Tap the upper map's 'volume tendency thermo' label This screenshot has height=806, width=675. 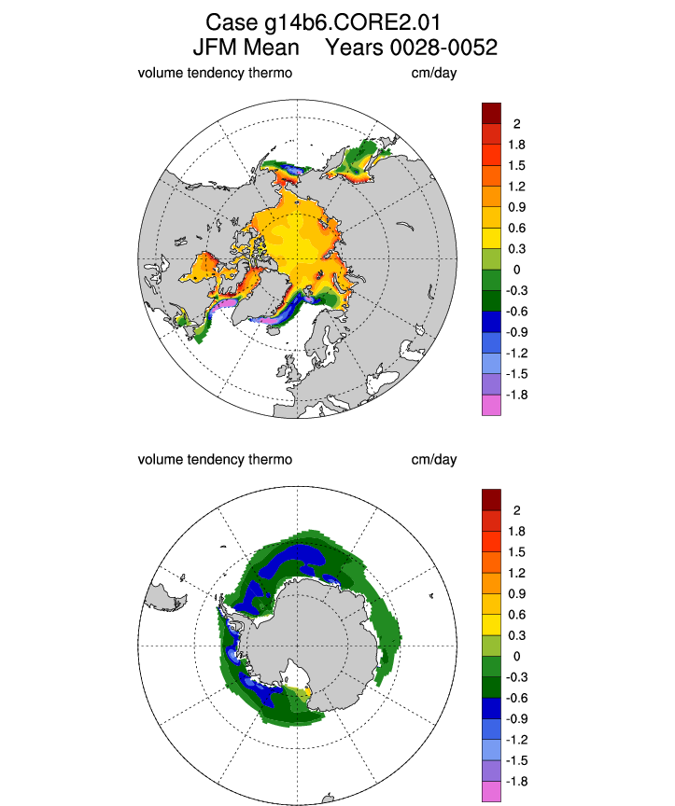coord(215,73)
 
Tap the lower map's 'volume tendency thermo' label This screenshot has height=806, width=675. coord(215,460)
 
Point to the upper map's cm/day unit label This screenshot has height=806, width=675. coord(433,73)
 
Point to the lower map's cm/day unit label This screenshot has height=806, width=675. coord(433,460)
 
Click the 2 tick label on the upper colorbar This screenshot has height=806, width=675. coord(516,124)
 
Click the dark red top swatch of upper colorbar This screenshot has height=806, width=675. coord(491,113)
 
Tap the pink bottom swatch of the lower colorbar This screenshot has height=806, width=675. coord(491,792)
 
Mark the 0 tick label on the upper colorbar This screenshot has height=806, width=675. coord(516,270)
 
